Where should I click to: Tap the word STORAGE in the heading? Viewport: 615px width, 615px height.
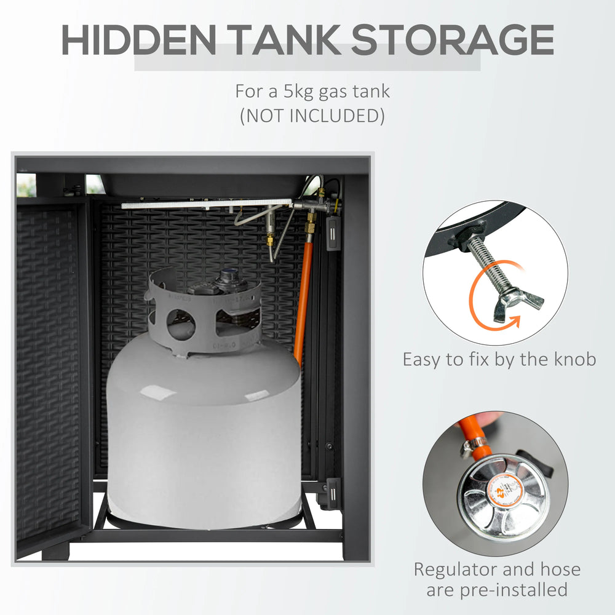point(452,39)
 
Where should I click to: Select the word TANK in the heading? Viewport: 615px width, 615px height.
point(284,39)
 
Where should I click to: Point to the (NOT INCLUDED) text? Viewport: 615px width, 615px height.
point(312,116)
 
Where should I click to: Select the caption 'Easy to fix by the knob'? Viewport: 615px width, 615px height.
point(499,359)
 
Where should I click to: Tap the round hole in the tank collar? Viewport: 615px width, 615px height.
point(181,324)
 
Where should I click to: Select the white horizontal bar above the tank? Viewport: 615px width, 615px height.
point(207,204)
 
